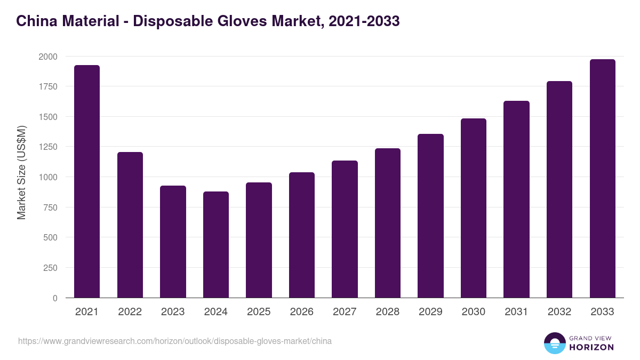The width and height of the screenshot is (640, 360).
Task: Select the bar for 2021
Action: pyautogui.click(x=87, y=181)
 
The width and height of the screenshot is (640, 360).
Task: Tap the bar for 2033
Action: pyautogui.click(x=602, y=178)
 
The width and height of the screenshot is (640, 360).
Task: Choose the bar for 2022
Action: pyautogui.click(x=130, y=225)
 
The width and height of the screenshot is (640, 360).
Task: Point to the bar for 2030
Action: pyautogui.click(x=474, y=208)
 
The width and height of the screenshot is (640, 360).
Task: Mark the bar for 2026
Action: pyautogui.click(x=301, y=235)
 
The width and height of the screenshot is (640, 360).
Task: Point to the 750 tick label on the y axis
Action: pyautogui.click(x=50, y=207)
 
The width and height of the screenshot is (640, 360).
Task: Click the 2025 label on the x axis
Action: pyautogui.click(x=259, y=312)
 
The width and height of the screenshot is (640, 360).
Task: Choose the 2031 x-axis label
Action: pyautogui.click(x=516, y=312)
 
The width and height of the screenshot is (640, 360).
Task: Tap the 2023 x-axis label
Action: pyautogui.click(x=173, y=312)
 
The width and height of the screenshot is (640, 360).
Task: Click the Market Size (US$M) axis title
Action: pyautogui.click(x=21, y=173)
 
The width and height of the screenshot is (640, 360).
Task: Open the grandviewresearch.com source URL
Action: pyautogui.click(x=175, y=341)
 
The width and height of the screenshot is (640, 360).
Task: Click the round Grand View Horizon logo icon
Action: pyautogui.click(x=554, y=343)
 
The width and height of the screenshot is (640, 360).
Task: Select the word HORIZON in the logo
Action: pyautogui.click(x=591, y=347)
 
